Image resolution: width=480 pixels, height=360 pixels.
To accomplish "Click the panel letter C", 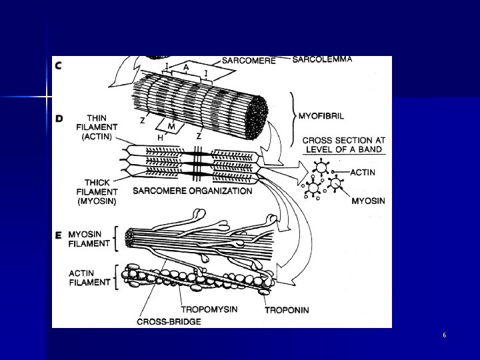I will pyautogui.click(x=59, y=65).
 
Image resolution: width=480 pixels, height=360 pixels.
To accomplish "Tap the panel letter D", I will pyautogui.click(x=59, y=119).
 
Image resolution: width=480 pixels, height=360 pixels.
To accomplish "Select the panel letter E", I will pyautogui.click(x=59, y=235).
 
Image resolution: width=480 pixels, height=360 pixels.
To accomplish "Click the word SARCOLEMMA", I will pyautogui.click(x=322, y=59).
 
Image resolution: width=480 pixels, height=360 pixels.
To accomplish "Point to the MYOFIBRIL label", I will pyautogui.click(x=321, y=115).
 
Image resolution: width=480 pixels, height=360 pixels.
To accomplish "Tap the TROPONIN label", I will pyautogui.click(x=287, y=310).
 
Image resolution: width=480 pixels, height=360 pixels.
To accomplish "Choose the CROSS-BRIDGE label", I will pyautogui.click(x=169, y=321).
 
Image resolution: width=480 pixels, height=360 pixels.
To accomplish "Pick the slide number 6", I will pyautogui.click(x=444, y=335).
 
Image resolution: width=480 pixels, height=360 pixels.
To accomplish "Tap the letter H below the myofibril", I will pyautogui.click(x=160, y=137).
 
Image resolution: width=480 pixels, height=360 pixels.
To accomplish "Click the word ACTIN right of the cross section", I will pyautogui.click(x=362, y=173).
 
